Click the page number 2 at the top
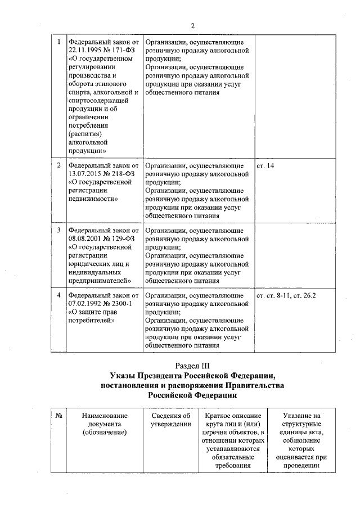pos(192,25)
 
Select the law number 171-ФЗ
pos(122,49)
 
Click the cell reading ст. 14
pos(265,166)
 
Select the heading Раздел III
pos(192,365)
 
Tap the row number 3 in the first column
pos(59,231)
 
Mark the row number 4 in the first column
pos(59,295)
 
